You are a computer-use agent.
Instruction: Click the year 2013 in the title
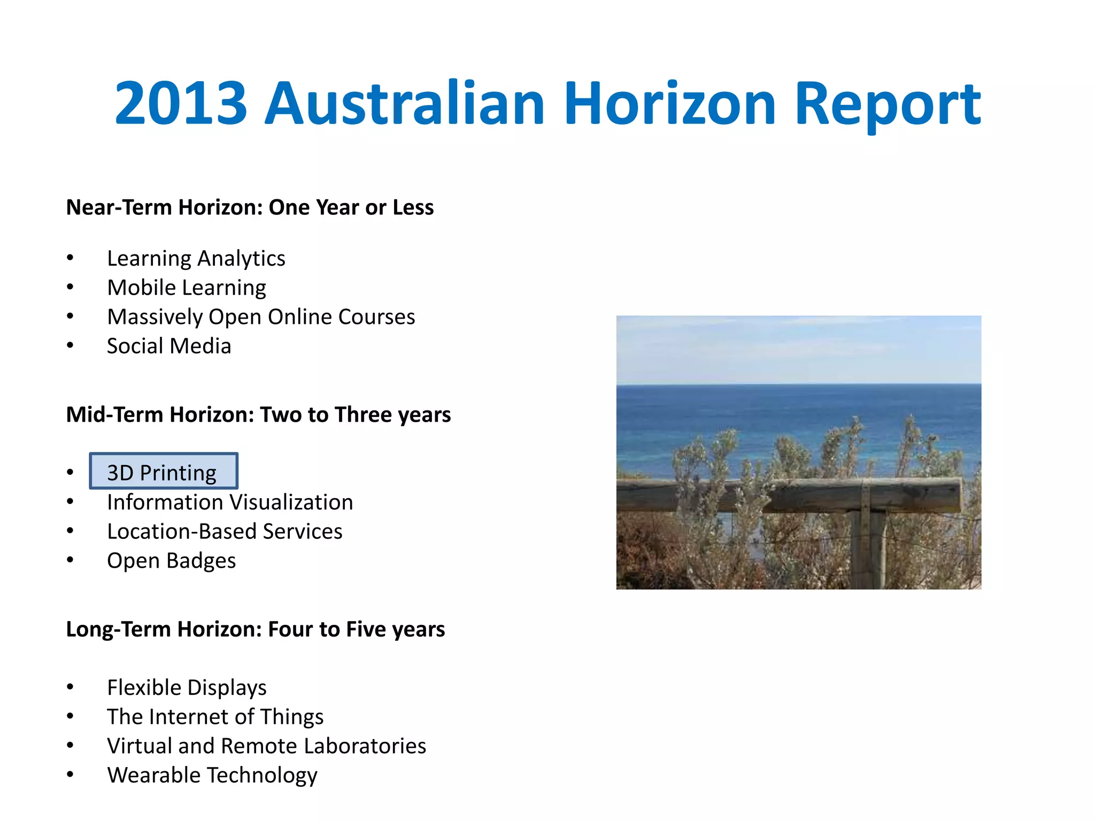[x=181, y=103]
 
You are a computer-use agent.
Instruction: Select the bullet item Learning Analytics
[x=196, y=259]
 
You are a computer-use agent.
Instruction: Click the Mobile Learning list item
[x=186, y=288]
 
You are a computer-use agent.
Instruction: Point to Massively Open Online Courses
[x=260, y=317]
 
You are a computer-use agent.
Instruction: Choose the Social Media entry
[x=168, y=346]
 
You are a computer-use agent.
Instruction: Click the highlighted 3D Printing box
[x=163, y=471]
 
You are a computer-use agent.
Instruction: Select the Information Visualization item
[x=229, y=502]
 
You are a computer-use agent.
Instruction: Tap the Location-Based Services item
[x=224, y=532]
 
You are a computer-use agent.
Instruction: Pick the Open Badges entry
[x=171, y=561]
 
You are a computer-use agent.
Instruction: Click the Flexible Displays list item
[x=186, y=688]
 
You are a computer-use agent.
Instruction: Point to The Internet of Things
[x=215, y=717]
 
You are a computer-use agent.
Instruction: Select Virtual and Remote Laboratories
[x=266, y=746]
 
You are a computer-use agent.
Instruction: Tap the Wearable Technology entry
[x=212, y=776]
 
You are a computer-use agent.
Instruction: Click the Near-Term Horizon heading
[x=249, y=207]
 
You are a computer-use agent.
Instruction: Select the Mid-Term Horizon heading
[x=258, y=415]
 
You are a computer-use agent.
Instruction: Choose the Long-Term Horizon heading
[x=255, y=630]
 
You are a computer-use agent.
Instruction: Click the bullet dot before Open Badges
[x=70, y=560]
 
